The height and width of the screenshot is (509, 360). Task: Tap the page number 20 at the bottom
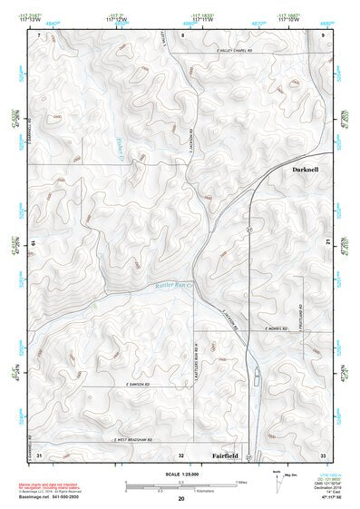[x=180, y=498]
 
